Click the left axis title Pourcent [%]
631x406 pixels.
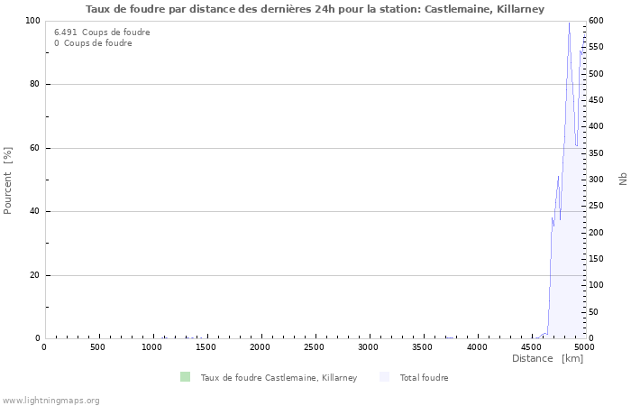[x=8, y=180]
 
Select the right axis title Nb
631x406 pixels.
[x=623, y=180]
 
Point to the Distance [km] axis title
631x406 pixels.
[x=547, y=359]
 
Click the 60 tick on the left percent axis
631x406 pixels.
[x=34, y=148]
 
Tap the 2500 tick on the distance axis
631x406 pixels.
[x=315, y=347]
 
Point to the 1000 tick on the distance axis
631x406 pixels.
[x=152, y=347]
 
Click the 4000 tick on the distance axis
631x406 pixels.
[x=477, y=347]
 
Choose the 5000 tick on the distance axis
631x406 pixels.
[x=584, y=347]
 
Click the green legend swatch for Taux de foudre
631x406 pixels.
[x=185, y=377]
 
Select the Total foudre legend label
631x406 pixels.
[x=424, y=378]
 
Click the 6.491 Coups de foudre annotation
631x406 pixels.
[x=102, y=32]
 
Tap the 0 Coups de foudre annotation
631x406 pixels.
[x=93, y=43]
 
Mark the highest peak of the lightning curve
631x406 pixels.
[x=569, y=23]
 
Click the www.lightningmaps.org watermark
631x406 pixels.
[x=51, y=400]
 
